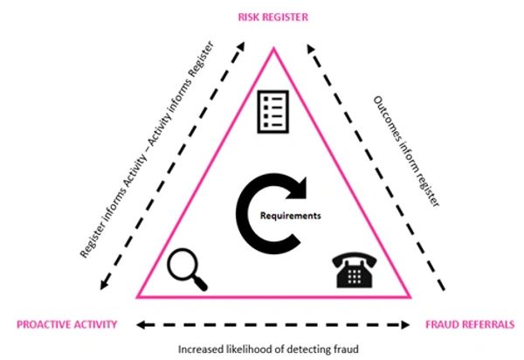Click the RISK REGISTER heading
tap(272, 15)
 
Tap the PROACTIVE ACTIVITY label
tap(66, 324)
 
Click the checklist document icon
tap(272, 112)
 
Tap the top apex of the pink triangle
tap(273, 50)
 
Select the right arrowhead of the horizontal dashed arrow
tap(406, 324)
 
